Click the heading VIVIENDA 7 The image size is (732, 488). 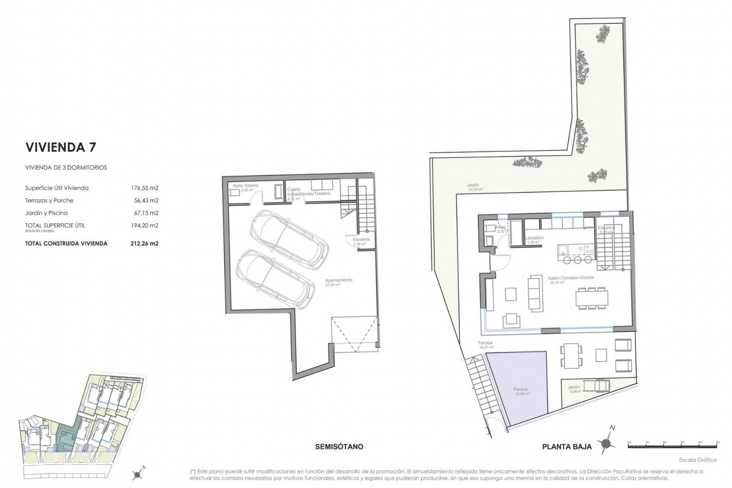[x=61, y=147]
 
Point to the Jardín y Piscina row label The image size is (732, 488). [x=46, y=213]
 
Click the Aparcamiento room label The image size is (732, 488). [x=339, y=280]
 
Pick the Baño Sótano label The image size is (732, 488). [x=246, y=185]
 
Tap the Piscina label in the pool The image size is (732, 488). [x=520, y=389]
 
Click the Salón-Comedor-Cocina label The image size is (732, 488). [x=571, y=278]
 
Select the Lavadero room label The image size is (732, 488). [x=534, y=238]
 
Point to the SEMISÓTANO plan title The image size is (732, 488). [x=339, y=446]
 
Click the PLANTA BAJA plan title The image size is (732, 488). [x=567, y=447]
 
